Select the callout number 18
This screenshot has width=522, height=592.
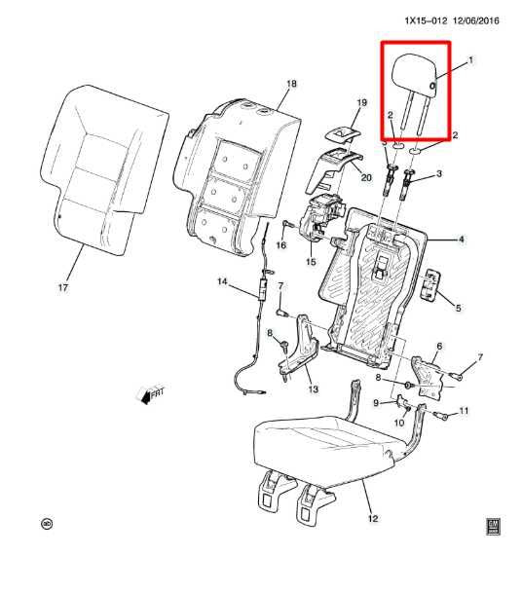click(290, 86)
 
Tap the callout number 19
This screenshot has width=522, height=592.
click(360, 102)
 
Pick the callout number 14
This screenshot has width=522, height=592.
click(221, 282)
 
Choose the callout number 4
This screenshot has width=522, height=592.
click(462, 239)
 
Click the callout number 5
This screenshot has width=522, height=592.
click(460, 308)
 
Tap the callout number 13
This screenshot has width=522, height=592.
click(313, 389)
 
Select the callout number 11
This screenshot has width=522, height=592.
click(464, 411)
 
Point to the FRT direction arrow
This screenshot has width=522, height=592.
click(150, 395)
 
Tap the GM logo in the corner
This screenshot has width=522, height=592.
click(494, 525)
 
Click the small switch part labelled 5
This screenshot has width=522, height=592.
click(431, 287)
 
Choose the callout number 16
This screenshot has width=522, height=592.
click(280, 247)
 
